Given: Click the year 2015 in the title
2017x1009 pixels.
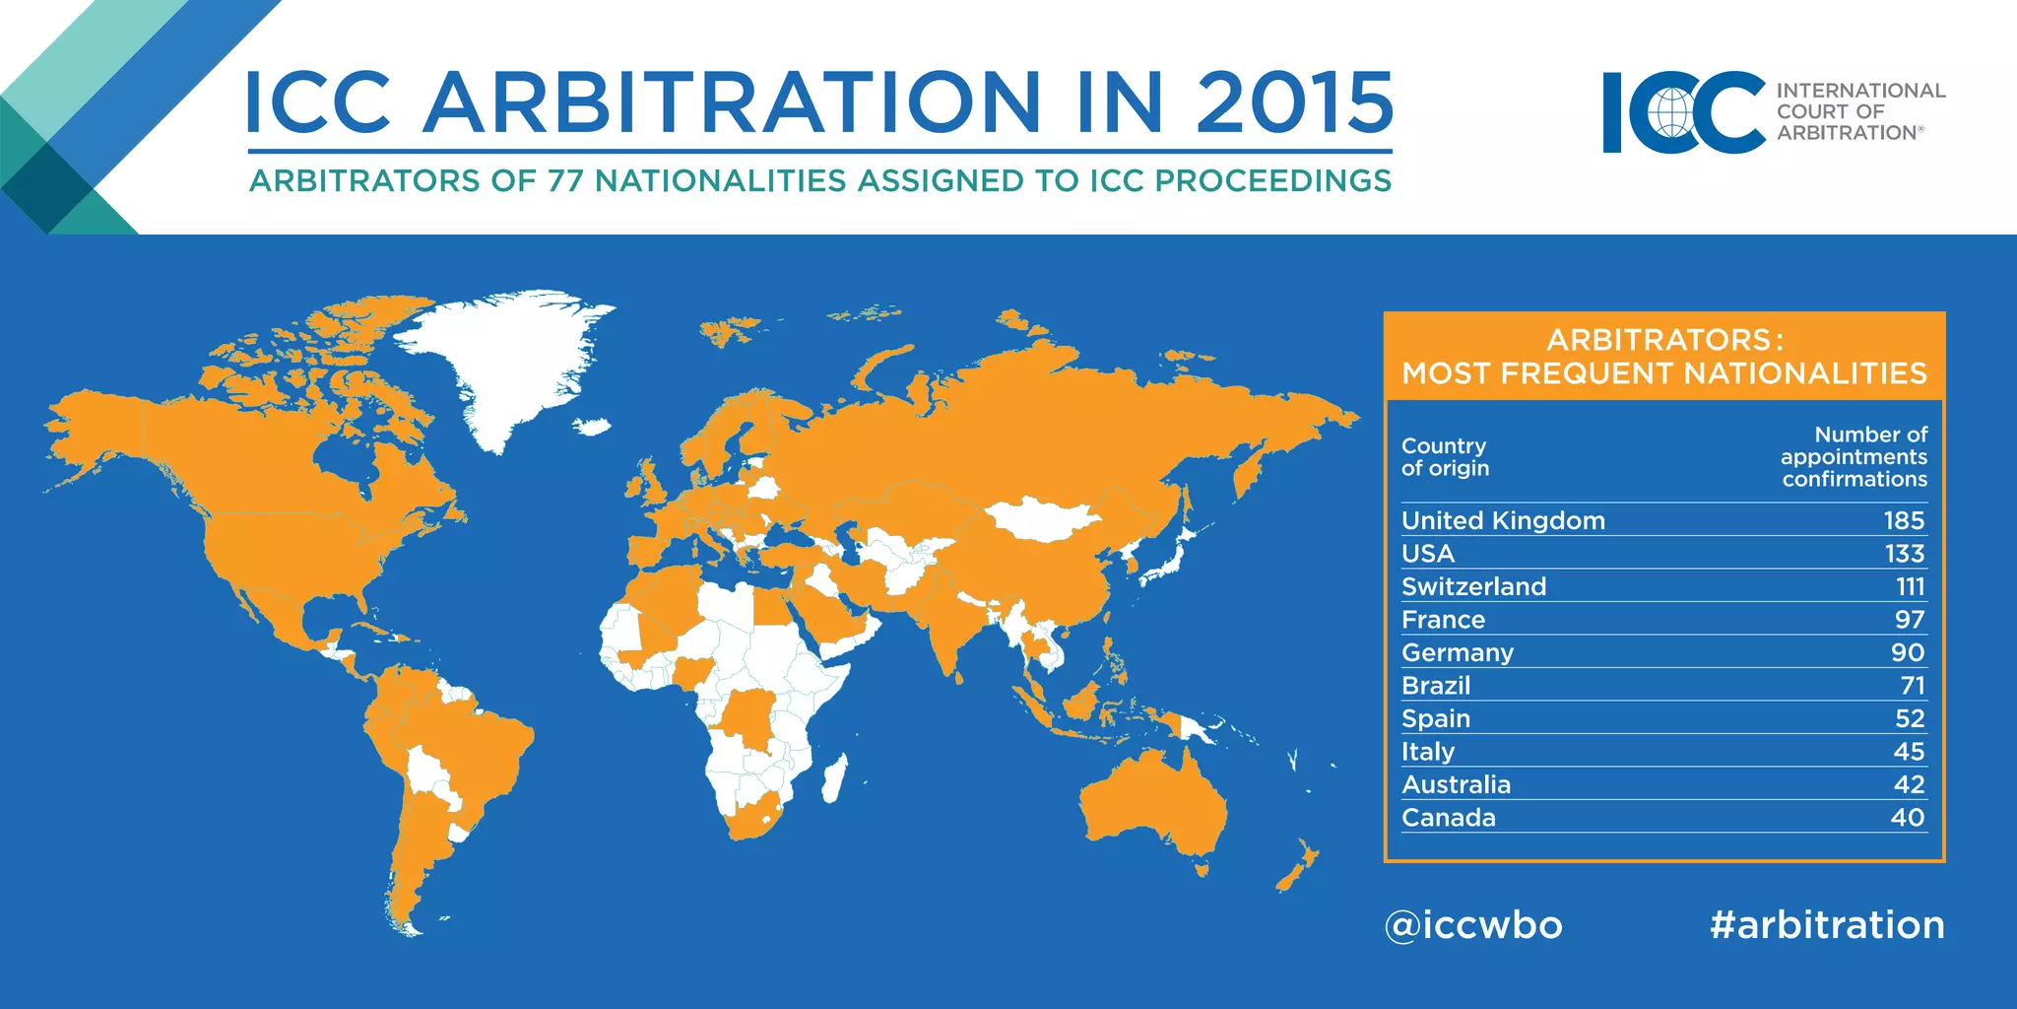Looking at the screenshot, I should (1294, 102).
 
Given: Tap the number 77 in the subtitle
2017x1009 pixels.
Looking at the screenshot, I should (565, 181).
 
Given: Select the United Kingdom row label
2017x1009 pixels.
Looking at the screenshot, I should (1503, 520).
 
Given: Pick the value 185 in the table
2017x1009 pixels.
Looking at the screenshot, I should (1904, 520).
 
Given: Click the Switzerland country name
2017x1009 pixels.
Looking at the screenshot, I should (1473, 586).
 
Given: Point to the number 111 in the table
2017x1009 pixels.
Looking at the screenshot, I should (1910, 586).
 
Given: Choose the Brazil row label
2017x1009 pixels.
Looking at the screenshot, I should (1436, 686).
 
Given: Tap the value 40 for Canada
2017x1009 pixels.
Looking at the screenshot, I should (1908, 818).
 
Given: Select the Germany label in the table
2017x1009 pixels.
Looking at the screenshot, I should (1458, 652).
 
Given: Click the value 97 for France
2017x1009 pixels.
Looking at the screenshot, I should (1909, 620).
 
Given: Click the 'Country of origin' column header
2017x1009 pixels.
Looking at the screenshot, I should (1445, 457).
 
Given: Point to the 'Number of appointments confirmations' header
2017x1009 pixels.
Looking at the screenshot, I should (1854, 456).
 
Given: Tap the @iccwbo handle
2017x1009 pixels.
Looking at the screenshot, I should (1473, 925).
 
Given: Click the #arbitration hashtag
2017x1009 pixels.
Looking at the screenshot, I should (1827, 925).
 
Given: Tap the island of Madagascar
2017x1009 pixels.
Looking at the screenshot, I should (833, 778).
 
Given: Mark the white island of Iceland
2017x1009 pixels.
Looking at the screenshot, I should (592, 428).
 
